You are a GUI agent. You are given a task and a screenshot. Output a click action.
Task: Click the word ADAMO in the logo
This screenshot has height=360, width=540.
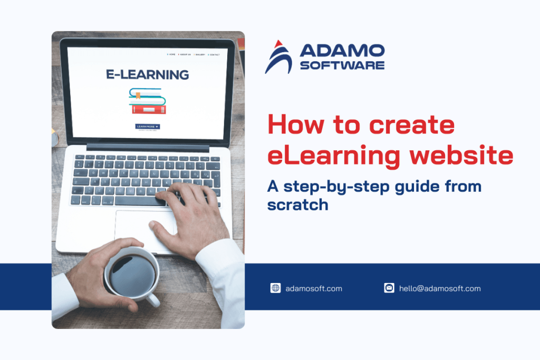[x=342, y=51]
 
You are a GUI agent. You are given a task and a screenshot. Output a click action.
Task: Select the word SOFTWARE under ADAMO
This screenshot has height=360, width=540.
[x=342, y=65]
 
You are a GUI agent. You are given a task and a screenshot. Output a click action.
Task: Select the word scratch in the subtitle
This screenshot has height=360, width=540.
[x=297, y=205]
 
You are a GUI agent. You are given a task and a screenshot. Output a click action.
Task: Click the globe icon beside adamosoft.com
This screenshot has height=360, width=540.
[x=275, y=288]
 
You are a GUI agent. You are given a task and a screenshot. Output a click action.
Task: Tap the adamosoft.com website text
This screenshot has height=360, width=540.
[x=314, y=288]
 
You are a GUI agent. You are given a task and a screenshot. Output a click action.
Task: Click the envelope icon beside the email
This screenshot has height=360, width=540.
[x=389, y=288]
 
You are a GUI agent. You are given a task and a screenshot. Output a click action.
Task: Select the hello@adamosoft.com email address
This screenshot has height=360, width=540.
[x=440, y=288]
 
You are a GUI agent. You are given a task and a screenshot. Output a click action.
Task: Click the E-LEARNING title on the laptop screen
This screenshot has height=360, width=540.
[x=147, y=75]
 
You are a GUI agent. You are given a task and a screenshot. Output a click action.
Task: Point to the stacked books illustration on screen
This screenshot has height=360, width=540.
[x=148, y=101]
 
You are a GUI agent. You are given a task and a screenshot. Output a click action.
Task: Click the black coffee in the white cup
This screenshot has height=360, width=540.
[x=132, y=274]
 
